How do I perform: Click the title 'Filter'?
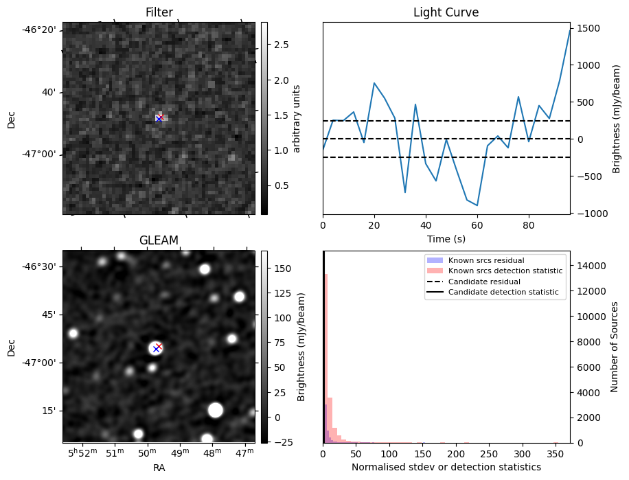click(x=159, y=12)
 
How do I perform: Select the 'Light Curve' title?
click(x=446, y=12)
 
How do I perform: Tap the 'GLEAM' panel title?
click(x=159, y=240)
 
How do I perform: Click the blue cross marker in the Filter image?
click(x=159, y=119)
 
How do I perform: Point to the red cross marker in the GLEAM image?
click(x=159, y=346)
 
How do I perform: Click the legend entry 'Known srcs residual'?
click(x=486, y=261)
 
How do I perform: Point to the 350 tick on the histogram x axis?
click(x=556, y=454)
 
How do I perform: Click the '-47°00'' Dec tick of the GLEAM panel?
click(x=42, y=363)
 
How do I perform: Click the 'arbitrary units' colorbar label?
click(x=297, y=118)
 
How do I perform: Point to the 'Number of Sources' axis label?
click(x=615, y=347)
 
